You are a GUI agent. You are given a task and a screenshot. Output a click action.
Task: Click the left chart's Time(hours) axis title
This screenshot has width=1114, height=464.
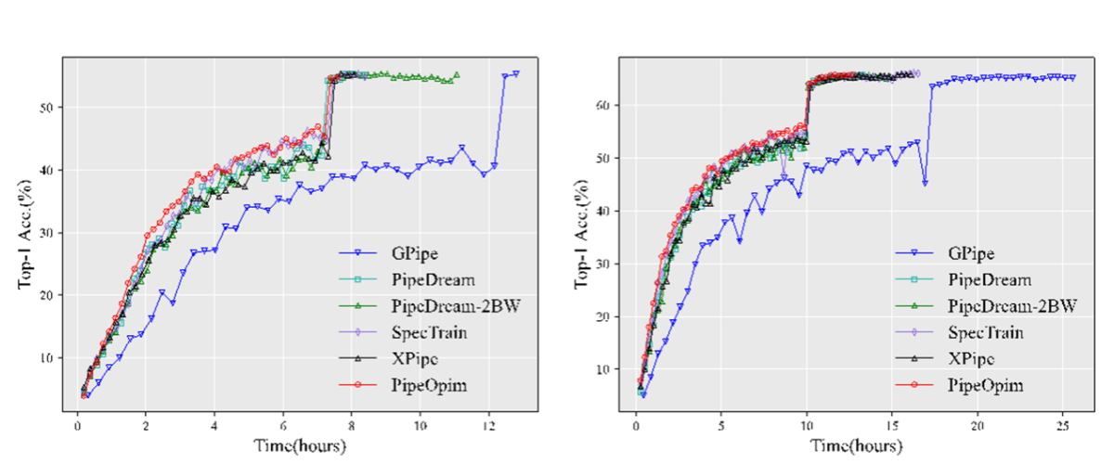pyautogui.click(x=301, y=446)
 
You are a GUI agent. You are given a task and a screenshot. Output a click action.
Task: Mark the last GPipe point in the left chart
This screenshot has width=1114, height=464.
pyautogui.click(x=516, y=73)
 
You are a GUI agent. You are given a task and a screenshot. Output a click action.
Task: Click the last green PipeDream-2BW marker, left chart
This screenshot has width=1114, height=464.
pyautogui.click(x=457, y=75)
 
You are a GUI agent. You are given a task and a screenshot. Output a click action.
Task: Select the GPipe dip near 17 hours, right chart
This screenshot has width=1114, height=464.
pyautogui.click(x=925, y=183)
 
